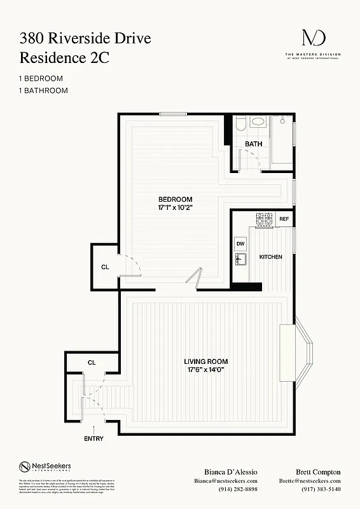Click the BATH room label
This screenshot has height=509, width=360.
point(253,144)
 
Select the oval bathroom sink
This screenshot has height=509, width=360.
point(258,122)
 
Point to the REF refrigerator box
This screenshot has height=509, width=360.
point(284,219)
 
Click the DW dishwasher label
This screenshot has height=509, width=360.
point(240,244)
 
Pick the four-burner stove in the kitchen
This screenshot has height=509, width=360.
point(264,220)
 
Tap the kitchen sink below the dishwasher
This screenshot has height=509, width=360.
point(240,260)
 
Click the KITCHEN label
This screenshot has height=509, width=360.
point(270,257)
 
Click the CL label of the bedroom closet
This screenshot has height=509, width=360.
point(105,267)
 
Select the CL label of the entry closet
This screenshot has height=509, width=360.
point(92,362)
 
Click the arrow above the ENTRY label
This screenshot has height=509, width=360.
point(93,429)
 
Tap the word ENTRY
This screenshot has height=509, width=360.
point(93,438)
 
